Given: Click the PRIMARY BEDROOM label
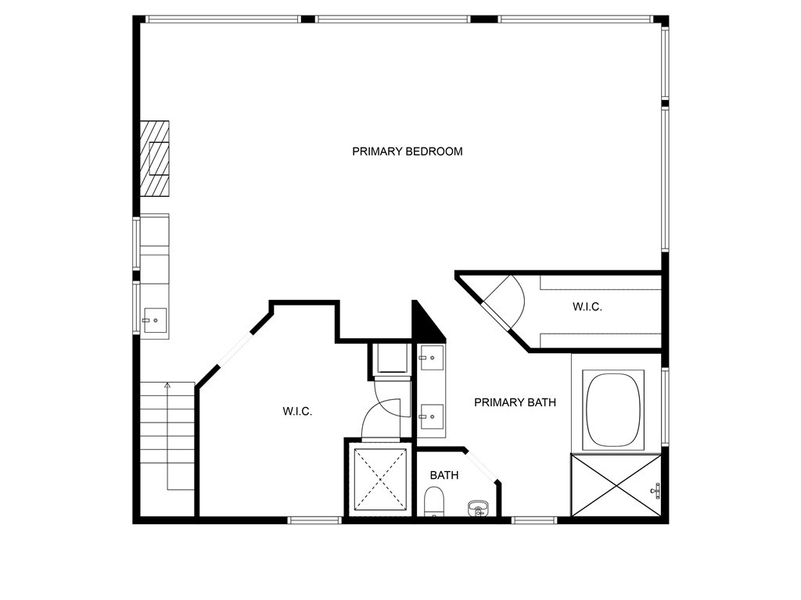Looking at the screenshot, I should coord(407,152).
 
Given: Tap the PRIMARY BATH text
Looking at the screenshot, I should coord(515,403).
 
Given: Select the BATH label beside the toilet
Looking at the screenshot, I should coord(444,475).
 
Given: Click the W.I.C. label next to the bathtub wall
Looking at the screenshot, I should coord(587,308).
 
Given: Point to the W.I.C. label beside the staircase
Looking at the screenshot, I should coord(297,412).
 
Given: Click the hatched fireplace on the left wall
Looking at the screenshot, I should coord(155,158).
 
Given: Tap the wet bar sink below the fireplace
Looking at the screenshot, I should coord(154,320).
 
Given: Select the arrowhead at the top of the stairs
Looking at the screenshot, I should coord(167,384).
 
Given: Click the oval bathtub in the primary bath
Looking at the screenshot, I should coord(615,409).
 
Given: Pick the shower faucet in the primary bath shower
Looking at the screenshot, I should coord(656,491).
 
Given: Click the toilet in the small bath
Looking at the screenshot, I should coord(434,502).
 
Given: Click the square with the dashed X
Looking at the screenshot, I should coord(379,479).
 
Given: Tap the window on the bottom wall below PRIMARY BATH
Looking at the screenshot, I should coord(534,520).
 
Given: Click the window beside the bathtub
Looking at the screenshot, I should coord(665,406).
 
